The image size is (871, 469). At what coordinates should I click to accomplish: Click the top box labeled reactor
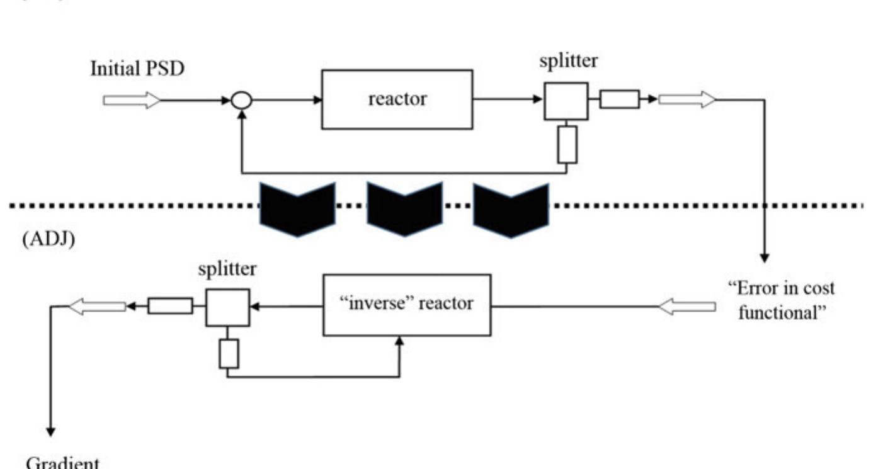point(397,99)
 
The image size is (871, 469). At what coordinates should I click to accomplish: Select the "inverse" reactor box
point(407,305)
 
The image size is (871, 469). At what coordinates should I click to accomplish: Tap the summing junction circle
point(242,99)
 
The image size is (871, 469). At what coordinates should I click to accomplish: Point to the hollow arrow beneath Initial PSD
point(131,100)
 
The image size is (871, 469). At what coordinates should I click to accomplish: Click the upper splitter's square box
point(566,101)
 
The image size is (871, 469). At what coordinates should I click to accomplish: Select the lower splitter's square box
point(227,307)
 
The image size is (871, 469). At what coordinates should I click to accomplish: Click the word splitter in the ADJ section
point(226,269)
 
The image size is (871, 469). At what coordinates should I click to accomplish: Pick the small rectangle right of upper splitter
point(619,99)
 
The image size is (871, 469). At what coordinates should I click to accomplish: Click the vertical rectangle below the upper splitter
point(567,144)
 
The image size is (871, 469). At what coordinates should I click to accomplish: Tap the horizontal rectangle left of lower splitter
point(170,306)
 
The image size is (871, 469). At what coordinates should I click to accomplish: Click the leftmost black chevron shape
point(297,208)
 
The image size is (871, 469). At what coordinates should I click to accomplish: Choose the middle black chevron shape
point(404,208)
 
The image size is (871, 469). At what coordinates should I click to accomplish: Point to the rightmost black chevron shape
point(511,208)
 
